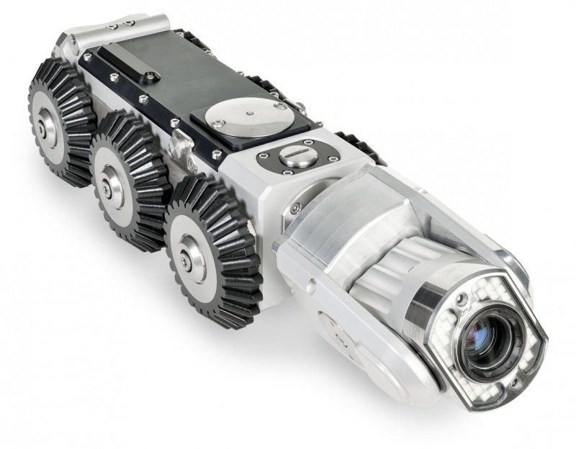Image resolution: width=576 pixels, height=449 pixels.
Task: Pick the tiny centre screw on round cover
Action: click(x=247, y=113)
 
